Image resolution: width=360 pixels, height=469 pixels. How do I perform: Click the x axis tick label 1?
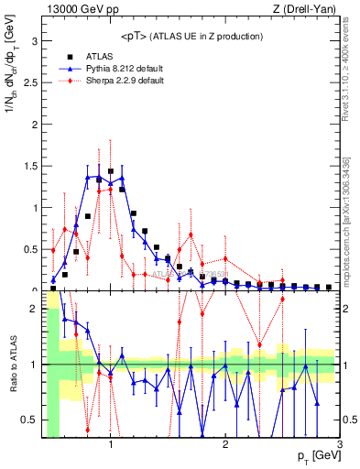point(111,444)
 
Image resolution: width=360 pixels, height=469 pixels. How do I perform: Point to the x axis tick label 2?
point(225,444)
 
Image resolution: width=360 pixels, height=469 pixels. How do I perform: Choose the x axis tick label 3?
point(339,444)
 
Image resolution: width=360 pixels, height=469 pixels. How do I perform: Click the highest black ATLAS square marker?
point(111,171)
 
